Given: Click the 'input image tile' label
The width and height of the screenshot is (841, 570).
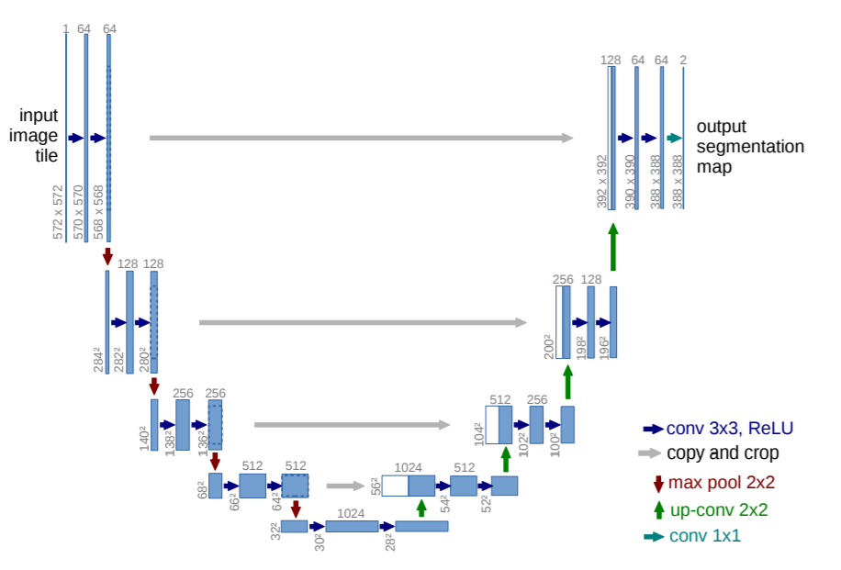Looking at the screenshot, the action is (34, 135).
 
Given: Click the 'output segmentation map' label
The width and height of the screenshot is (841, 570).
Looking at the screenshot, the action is (750, 146).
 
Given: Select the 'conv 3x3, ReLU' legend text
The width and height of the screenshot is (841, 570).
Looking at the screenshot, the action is (729, 429).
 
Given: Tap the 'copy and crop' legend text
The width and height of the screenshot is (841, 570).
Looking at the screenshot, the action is (723, 453).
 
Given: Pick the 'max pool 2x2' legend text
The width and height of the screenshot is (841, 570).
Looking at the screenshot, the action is (722, 482).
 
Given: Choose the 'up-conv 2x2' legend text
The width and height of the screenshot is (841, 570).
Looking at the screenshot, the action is (719, 509).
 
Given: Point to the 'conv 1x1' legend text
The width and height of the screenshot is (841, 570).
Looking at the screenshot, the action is (705, 536).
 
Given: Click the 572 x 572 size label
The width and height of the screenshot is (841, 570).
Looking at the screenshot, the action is (58, 212).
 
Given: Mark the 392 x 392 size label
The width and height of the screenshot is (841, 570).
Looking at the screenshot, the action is (601, 181).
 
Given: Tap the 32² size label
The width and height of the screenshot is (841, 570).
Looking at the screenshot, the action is (275, 531).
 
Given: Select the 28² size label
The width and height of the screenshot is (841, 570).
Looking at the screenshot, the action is (390, 542).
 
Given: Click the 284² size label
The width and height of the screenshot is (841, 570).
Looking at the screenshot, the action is (98, 359).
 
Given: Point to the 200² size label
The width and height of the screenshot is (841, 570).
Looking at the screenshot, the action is (549, 346).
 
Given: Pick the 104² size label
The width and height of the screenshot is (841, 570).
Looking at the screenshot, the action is (479, 434).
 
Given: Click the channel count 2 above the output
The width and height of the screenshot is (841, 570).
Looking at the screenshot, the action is (683, 60).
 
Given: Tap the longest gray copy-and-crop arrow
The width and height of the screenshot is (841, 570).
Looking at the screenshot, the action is (361, 138).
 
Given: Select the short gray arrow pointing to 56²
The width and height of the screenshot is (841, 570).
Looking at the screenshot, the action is (345, 486).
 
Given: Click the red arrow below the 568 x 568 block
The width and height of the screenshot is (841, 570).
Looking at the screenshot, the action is (107, 256).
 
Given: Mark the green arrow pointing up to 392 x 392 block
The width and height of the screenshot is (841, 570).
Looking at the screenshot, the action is (613, 247).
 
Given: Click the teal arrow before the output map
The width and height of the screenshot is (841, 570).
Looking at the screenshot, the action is (674, 138).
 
